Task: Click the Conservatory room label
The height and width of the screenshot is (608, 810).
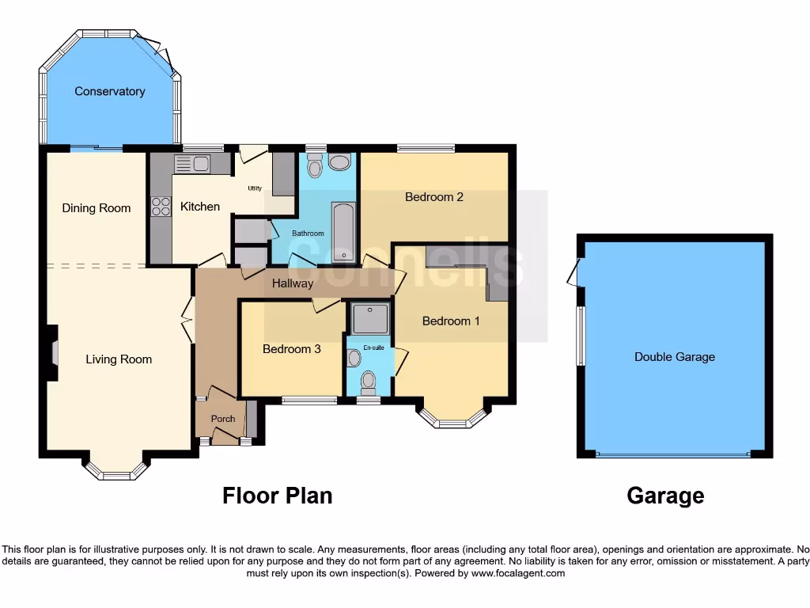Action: [x=110, y=91]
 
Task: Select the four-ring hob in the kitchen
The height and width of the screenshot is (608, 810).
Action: [x=161, y=206]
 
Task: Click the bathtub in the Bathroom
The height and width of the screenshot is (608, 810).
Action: [x=343, y=226]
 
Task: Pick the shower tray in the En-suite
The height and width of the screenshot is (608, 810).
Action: [x=369, y=319]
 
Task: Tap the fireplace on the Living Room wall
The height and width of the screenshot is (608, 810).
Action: [x=53, y=353]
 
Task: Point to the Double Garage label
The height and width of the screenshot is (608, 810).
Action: [x=674, y=357]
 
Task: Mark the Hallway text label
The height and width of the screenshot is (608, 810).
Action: [x=293, y=283]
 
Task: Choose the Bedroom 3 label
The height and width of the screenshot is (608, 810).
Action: [x=292, y=348]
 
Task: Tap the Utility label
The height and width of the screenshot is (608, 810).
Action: [x=255, y=188]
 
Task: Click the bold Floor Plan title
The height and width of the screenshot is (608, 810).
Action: [x=277, y=496]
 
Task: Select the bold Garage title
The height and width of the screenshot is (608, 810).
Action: [x=665, y=496]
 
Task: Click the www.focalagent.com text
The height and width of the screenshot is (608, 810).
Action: [x=519, y=573]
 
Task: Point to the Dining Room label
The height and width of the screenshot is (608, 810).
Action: [x=97, y=208]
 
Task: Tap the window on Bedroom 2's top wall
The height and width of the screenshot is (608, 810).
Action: [x=426, y=147]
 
